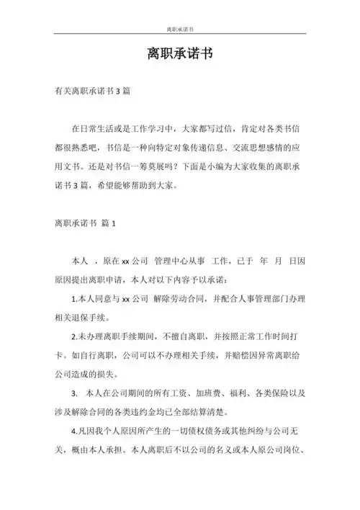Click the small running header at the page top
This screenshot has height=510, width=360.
[x=179, y=30]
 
